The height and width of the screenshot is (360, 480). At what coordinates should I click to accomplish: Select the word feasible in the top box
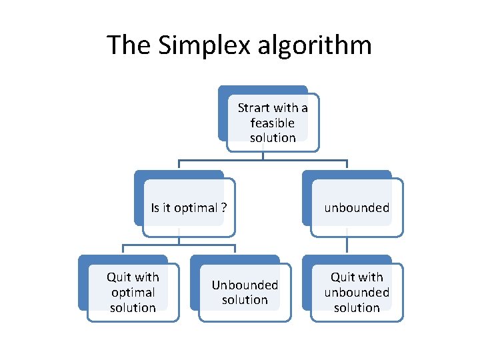(x=273, y=123)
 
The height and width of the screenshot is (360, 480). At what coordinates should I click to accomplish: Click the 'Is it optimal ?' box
(x=189, y=207)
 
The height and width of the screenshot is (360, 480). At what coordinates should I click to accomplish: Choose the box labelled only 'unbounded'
(x=357, y=207)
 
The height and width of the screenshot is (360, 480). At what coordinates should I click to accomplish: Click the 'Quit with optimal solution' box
(x=133, y=292)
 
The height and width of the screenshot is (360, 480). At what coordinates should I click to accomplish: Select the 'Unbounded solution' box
(x=245, y=292)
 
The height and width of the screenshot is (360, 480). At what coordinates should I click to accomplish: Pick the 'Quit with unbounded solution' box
(x=357, y=292)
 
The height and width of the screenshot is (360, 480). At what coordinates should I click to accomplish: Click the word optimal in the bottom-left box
(x=133, y=292)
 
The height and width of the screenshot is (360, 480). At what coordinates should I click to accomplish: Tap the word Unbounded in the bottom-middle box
(x=245, y=285)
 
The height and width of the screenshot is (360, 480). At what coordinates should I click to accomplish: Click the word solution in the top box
(x=273, y=138)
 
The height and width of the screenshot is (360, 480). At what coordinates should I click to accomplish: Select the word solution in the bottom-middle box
(x=245, y=300)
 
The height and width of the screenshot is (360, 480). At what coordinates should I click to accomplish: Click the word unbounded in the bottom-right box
(x=357, y=292)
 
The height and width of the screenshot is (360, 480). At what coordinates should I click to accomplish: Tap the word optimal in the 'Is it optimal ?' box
(x=196, y=207)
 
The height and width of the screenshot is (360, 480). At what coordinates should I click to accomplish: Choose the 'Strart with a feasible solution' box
(x=273, y=123)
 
